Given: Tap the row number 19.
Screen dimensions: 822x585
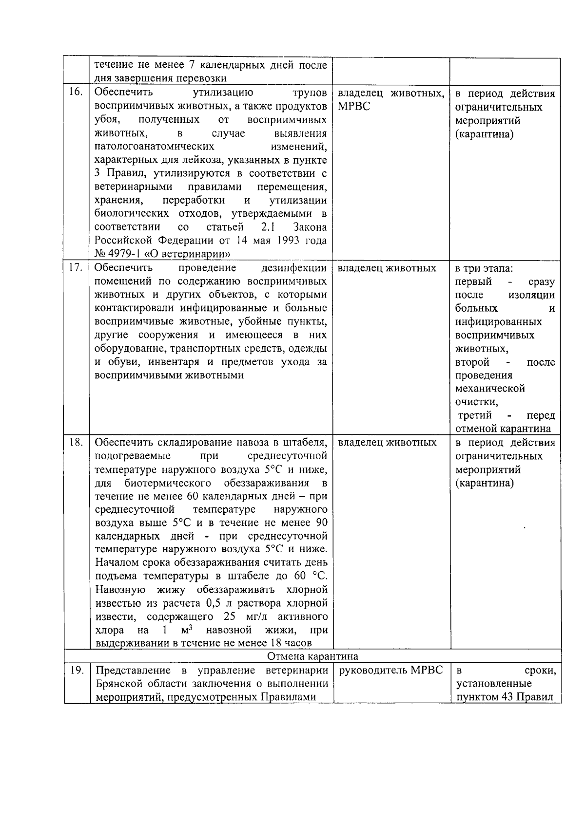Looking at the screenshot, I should tap(77, 671).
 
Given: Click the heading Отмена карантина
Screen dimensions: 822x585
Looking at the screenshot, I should tap(312, 656).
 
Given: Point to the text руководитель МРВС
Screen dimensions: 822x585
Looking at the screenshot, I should tap(390, 671).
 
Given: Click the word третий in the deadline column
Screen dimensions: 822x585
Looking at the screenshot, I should tap(475, 415).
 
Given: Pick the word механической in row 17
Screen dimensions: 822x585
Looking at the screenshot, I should tap(490, 389).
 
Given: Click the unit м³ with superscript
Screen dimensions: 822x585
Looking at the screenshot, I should tap(185, 630).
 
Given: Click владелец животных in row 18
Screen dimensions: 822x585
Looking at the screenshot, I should tap(387, 443).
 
